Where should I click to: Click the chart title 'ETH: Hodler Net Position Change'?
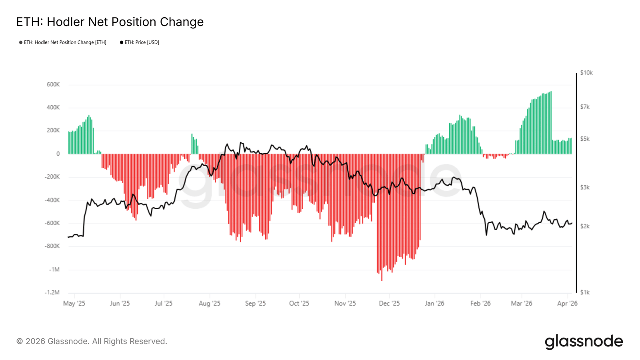(110, 22)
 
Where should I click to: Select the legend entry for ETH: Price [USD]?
(141, 42)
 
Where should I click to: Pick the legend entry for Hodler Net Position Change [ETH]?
(64, 42)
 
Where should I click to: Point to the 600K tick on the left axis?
(53, 85)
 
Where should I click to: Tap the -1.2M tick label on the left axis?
(52, 292)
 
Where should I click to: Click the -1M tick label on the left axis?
(54, 270)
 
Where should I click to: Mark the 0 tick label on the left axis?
(58, 154)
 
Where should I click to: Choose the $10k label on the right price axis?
(586, 73)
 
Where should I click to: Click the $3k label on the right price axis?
(585, 187)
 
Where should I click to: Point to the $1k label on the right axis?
(585, 292)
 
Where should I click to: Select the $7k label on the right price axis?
(585, 107)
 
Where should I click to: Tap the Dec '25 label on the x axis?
(389, 304)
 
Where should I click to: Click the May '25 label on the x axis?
(74, 304)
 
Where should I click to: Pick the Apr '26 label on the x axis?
(567, 304)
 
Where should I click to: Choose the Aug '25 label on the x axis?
(210, 304)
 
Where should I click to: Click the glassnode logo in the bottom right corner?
(584, 342)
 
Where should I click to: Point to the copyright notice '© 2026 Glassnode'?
(92, 342)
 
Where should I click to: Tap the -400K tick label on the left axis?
(52, 200)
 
